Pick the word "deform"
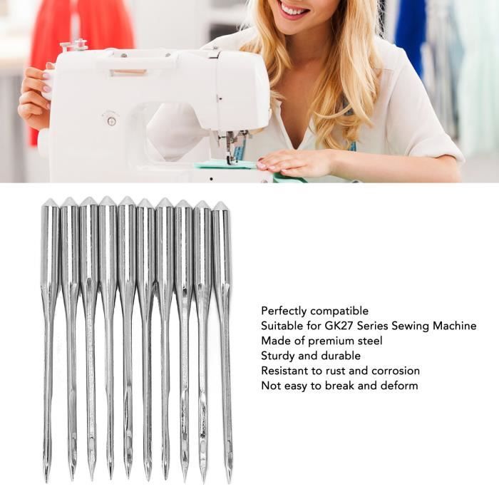(x=399, y=386)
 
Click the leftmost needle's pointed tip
(x=47, y=481)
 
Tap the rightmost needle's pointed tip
(x=229, y=483)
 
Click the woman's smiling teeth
(x=294, y=9)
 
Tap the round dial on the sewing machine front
(x=111, y=121)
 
